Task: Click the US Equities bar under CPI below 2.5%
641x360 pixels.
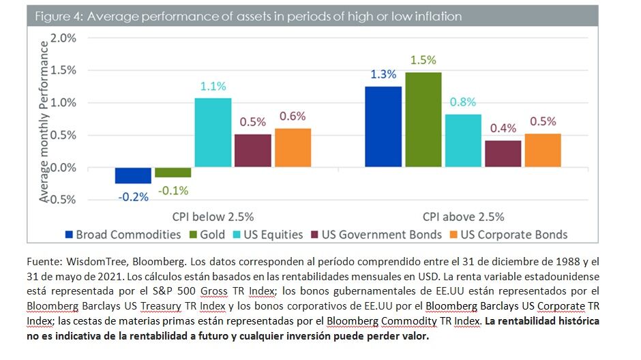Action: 212,132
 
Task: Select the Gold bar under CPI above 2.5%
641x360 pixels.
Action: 423,120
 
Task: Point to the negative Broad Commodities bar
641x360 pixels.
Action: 133,175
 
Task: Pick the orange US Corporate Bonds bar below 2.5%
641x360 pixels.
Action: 293,148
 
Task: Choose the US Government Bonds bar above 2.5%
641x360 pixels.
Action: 503,154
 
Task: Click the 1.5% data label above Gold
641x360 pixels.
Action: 423,60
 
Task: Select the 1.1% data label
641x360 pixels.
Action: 212,87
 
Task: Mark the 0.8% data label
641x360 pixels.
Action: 463,102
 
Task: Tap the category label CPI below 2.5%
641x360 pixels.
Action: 212,217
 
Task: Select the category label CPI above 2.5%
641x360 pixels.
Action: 463,217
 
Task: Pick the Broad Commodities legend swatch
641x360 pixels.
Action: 68,235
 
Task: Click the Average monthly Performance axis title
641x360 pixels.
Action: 45,121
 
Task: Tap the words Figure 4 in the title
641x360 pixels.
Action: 58,16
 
